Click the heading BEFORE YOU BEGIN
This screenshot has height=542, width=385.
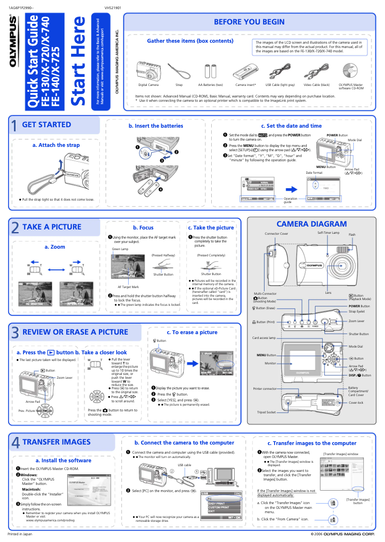point(249,22)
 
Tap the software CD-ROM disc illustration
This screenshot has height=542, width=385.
point(351,72)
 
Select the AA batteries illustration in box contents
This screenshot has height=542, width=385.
point(210,72)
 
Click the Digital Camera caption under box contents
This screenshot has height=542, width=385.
point(148,85)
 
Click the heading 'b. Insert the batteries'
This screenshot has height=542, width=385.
point(156,126)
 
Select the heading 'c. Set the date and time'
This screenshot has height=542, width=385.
point(291,126)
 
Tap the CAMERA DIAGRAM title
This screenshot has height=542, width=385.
point(311,224)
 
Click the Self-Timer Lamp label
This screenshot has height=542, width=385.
point(328,232)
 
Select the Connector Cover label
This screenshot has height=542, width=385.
point(276,234)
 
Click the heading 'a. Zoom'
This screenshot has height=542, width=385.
point(55,247)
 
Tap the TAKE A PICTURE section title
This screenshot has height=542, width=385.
point(52,227)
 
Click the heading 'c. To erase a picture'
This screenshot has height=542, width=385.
point(192,332)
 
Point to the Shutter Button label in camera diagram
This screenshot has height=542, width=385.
point(359,334)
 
